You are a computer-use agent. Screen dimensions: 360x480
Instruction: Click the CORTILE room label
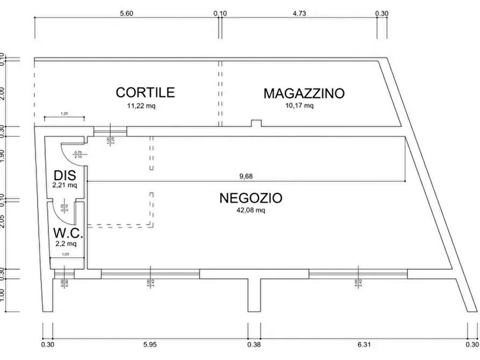(x=145, y=92)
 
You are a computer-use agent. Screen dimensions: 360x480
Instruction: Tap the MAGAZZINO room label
(x=304, y=93)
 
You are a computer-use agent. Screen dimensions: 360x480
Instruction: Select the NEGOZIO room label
(x=250, y=198)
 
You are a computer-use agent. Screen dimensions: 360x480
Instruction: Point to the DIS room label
(x=65, y=175)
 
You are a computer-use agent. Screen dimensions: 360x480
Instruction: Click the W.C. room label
(x=67, y=234)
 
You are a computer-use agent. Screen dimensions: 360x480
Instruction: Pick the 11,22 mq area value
(x=141, y=106)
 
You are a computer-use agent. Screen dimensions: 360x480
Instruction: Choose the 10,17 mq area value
(x=299, y=106)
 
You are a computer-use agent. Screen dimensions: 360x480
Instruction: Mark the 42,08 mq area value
(x=250, y=210)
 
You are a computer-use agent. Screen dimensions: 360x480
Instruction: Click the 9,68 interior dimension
(x=246, y=176)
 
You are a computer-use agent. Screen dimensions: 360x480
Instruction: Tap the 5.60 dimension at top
(x=126, y=14)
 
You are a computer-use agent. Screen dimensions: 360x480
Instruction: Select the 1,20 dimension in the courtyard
(x=64, y=113)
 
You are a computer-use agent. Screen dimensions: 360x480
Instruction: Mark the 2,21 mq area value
(x=65, y=185)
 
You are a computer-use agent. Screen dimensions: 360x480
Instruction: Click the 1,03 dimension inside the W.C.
(x=66, y=254)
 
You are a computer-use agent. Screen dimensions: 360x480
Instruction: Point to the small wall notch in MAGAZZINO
(x=256, y=124)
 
